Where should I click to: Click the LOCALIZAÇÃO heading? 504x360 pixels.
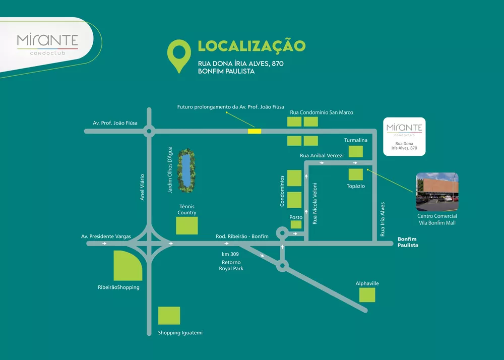[x=251, y=46]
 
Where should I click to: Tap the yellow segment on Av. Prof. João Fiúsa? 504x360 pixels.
[x=255, y=131]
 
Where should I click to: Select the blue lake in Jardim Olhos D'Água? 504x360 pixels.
[x=187, y=169]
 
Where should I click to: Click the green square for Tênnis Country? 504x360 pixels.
[x=187, y=225]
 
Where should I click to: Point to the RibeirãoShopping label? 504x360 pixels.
[x=118, y=287]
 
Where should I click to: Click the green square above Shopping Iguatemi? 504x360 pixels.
[x=169, y=316]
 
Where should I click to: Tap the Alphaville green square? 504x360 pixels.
[x=367, y=294]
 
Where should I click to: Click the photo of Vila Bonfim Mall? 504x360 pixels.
[x=437, y=192]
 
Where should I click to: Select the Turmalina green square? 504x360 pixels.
[x=356, y=151]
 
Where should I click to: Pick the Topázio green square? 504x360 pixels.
[x=356, y=175]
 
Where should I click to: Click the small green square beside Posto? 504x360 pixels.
[x=296, y=224]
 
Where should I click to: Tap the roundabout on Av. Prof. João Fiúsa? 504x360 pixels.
[x=149, y=132]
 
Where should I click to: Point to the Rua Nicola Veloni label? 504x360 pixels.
[x=314, y=203]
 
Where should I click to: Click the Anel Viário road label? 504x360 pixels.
[x=142, y=188]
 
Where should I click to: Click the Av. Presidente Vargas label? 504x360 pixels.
[x=106, y=236]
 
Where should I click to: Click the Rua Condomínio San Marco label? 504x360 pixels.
[x=322, y=112]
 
